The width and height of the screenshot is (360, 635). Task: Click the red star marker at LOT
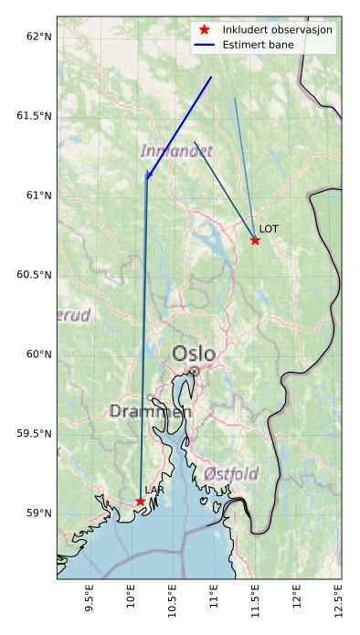click(x=255, y=240)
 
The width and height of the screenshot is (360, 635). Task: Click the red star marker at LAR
click(x=140, y=502)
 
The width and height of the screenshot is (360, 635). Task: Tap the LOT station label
click(x=269, y=228)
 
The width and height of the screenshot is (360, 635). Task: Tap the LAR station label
click(x=154, y=491)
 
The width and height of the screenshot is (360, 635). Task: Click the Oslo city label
click(x=194, y=354)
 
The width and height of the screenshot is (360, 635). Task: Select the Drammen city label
click(x=151, y=412)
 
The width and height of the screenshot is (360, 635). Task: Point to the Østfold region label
click(x=230, y=473)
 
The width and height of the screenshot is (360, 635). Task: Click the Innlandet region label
click(x=176, y=151)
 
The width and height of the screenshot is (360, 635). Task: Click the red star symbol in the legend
click(x=204, y=29)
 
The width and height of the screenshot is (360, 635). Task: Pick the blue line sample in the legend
click(x=204, y=44)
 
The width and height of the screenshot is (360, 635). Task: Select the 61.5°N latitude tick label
click(x=35, y=116)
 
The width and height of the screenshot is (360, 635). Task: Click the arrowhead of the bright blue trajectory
click(x=147, y=177)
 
